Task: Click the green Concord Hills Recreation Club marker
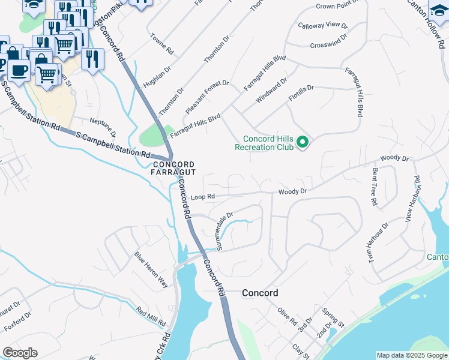pos(303,143)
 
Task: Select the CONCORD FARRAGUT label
pos(173,169)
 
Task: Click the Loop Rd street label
pos(202,197)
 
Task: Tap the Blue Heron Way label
pos(151,271)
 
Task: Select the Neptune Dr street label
pos(103,127)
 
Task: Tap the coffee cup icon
pos(18,69)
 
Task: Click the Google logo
pos(20,353)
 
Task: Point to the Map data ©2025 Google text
pos(411,355)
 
